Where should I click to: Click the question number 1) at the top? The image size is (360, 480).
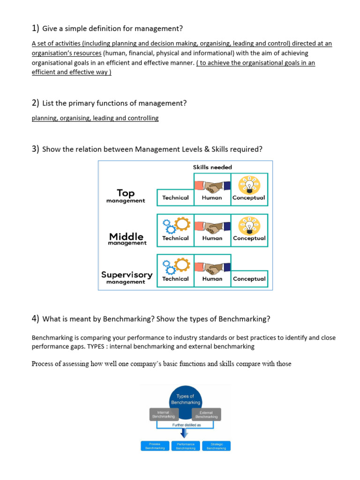(x=36, y=29)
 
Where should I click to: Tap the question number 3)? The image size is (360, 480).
(x=36, y=149)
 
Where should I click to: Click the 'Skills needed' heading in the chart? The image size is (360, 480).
(x=212, y=167)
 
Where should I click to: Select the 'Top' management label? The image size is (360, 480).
(x=126, y=193)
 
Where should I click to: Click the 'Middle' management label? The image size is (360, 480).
(x=126, y=237)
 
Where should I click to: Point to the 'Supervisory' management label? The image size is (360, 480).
(x=127, y=275)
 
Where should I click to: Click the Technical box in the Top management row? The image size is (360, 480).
(x=175, y=198)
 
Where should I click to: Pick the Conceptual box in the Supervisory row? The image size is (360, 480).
(x=249, y=279)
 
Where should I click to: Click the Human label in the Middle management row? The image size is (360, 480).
(x=212, y=238)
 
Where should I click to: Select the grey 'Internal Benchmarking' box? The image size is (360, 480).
(x=163, y=414)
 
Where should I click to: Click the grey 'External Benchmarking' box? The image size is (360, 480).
(x=206, y=414)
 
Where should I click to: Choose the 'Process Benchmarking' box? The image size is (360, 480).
(x=155, y=446)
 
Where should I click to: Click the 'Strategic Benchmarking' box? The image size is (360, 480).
(x=217, y=446)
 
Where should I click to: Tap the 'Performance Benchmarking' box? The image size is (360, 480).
(x=186, y=446)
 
